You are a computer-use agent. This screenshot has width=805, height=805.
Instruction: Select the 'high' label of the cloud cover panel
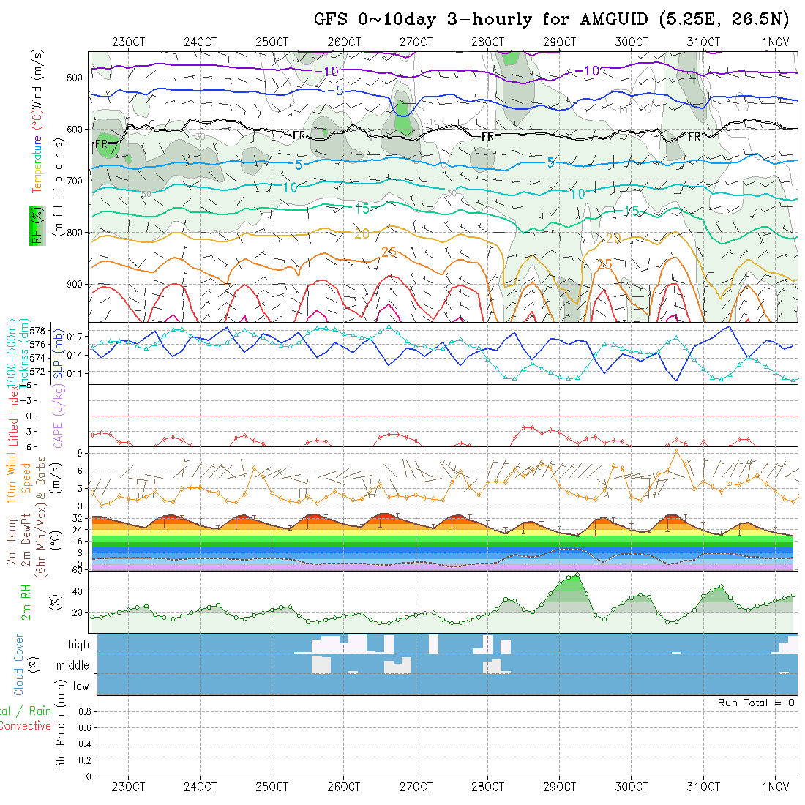[x=78, y=645]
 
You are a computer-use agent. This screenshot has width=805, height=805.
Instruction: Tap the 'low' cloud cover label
[x=80, y=686]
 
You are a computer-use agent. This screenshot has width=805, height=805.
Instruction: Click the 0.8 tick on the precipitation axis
[x=83, y=711]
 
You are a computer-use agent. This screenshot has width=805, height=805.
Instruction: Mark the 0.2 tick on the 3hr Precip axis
[x=83, y=760]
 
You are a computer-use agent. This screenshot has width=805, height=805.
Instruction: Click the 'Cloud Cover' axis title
[x=19, y=664]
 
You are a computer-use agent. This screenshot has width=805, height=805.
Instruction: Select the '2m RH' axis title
[x=26, y=602]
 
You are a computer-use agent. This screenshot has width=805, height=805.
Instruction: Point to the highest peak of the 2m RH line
[x=577, y=575]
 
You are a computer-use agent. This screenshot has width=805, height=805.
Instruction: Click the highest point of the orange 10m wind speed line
[x=675, y=451]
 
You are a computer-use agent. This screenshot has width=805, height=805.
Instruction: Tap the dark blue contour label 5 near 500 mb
[x=340, y=91]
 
